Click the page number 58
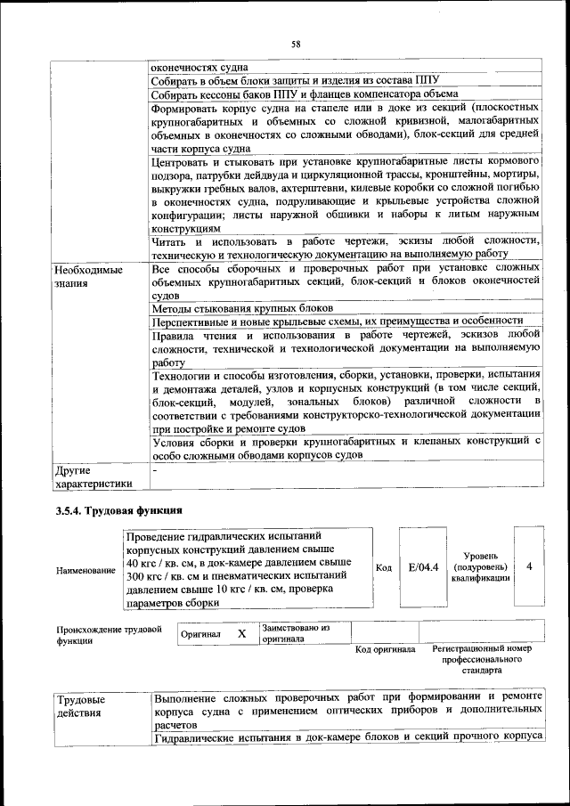(x=296, y=43)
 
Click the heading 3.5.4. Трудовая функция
(x=118, y=510)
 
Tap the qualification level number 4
(x=530, y=567)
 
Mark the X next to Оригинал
(x=240, y=633)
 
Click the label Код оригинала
(x=386, y=649)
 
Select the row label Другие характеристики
(x=94, y=476)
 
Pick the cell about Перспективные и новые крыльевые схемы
(x=337, y=321)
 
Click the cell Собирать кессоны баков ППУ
(x=305, y=94)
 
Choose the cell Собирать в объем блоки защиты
(x=296, y=80)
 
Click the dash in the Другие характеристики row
(x=155, y=468)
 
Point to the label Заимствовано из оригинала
(x=295, y=633)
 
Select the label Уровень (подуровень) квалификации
(x=481, y=566)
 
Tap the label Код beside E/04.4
(x=384, y=568)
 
